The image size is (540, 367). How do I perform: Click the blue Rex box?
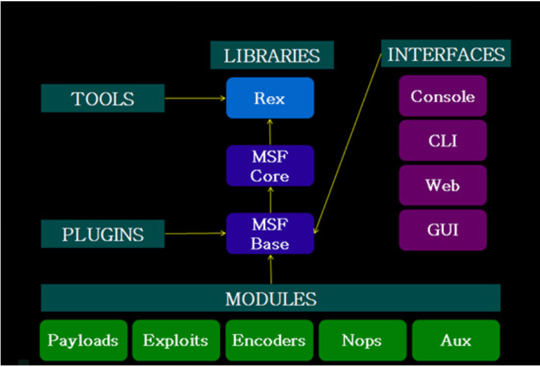(270, 98)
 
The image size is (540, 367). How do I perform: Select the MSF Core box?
(270, 165)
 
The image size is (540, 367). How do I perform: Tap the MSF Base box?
(270, 234)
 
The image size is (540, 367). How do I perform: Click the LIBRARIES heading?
(272, 56)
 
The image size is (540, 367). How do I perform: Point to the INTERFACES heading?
(446, 54)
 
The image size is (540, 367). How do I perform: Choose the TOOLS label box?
(102, 99)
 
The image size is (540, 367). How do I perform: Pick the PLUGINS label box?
(102, 234)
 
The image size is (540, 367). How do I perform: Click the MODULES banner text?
(271, 298)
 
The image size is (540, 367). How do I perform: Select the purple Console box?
(443, 96)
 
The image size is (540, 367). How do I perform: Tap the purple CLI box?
(443, 140)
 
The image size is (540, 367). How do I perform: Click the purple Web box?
(443, 185)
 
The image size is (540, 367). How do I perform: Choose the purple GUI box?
(443, 230)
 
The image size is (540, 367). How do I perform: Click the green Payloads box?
(83, 340)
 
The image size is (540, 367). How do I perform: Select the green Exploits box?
(176, 340)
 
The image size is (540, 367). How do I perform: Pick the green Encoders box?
(269, 340)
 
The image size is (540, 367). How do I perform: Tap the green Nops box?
(362, 340)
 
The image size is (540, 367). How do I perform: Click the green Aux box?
(456, 340)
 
